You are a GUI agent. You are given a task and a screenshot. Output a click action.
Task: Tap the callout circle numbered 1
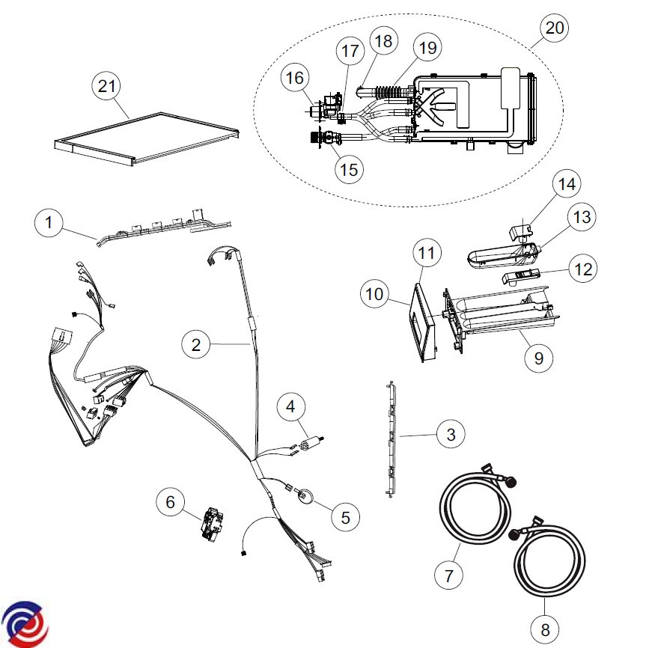[49, 222]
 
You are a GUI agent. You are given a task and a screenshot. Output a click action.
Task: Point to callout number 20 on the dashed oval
[554, 29]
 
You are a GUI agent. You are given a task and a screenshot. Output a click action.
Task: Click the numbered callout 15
[348, 168]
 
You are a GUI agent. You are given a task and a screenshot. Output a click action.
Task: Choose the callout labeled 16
[296, 77]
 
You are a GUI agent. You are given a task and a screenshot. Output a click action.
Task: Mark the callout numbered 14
[567, 183]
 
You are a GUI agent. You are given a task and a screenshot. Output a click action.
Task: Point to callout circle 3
[450, 433]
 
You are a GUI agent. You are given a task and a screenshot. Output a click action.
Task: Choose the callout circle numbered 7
[449, 575]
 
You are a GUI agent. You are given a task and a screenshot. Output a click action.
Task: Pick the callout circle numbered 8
[545, 624]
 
